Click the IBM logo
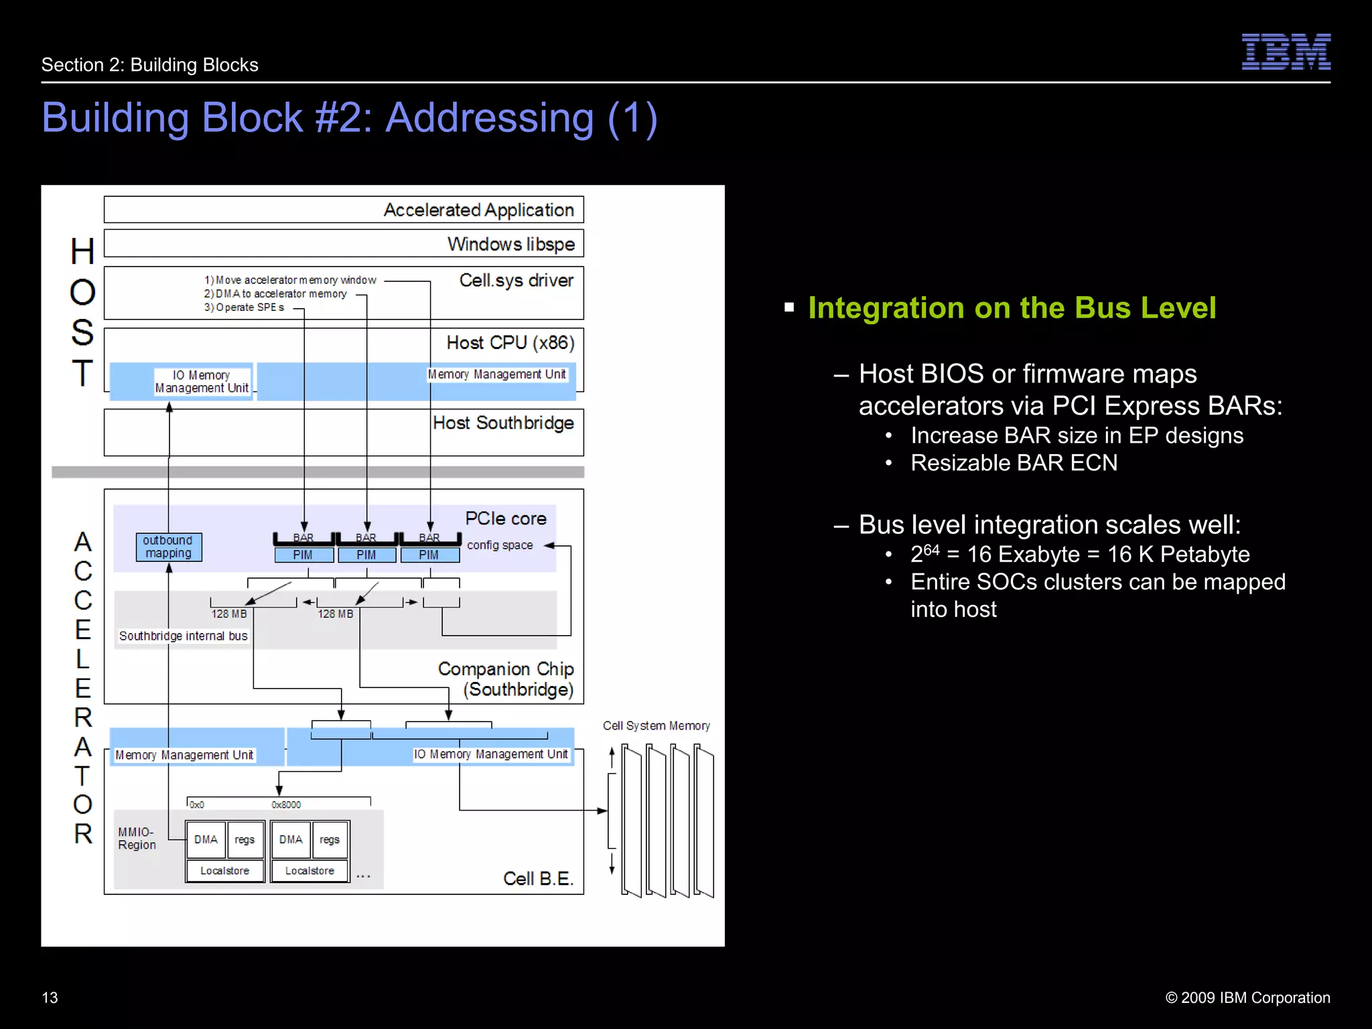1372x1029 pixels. [1286, 52]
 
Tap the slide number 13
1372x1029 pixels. [50, 998]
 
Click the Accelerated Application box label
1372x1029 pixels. [478, 210]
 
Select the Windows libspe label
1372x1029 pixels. [510, 244]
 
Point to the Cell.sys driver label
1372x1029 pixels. [516, 280]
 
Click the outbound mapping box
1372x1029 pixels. [168, 547]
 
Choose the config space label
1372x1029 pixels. [500, 545]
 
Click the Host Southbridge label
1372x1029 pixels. [503, 423]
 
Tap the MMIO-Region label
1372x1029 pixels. [137, 838]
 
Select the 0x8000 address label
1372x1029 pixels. [286, 805]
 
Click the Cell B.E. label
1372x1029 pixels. [538, 878]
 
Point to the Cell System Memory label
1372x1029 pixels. [656, 726]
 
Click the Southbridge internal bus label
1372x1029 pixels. [183, 636]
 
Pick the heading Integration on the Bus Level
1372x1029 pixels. [1012, 308]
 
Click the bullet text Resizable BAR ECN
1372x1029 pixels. [1014, 463]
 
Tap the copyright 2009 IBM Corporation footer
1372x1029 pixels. [1247, 998]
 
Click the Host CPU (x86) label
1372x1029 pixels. [510, 343]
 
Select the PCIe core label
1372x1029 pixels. [506, 519]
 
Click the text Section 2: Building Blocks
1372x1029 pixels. [149, 65]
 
